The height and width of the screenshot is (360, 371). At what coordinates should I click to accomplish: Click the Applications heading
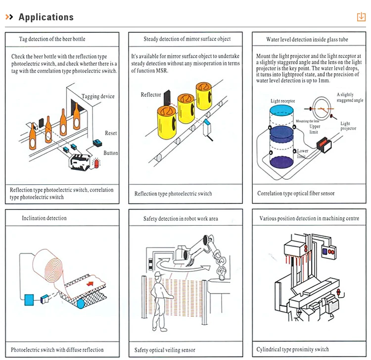(x=46, y=17)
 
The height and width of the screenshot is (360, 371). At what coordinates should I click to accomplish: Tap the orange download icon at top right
(x=361, y=17)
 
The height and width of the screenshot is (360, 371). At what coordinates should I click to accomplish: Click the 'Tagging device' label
(x=98, y=97)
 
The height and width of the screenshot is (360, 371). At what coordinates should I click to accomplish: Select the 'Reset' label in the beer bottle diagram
(x=111, y=133)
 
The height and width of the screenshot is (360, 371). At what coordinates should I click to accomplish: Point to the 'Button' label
(x=111, y=153)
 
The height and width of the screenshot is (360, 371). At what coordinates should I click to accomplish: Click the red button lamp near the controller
(x=97, y=163)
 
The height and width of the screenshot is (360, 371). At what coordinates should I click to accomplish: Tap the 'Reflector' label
(x=151, y=95)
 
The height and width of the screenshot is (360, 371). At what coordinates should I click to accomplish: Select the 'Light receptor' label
(x=282, y=101)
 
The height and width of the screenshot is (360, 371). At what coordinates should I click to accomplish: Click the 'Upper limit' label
(x=315, y=129)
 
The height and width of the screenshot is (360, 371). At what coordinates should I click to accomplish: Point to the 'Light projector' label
(x=348, y=126)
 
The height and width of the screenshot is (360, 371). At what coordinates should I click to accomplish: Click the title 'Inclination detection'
(x=44, y=218)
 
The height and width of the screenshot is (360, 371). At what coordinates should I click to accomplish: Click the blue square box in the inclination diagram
(x=29, y=299)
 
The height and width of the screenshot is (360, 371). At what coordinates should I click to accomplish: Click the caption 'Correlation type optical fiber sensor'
(x=296, y=194)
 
